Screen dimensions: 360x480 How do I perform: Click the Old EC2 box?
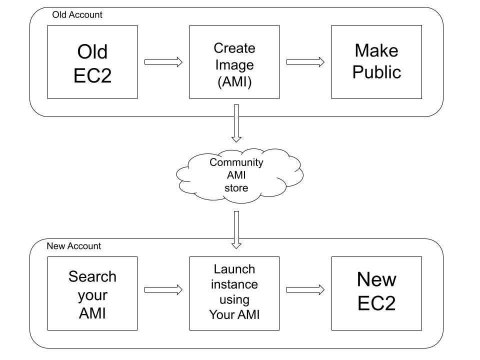(92, 62)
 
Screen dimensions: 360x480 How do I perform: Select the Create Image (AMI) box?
(234, 62)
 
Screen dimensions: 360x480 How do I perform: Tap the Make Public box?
(376, 62)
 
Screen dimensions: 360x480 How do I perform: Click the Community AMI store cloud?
(237, 175)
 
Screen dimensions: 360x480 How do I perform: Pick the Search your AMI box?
(92, 293)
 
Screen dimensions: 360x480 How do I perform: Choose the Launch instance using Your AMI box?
(234, 293)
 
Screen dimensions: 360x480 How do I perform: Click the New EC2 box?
(376, 293)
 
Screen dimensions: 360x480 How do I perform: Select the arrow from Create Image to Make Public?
(305, 62)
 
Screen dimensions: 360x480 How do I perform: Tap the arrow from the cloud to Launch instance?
(236, 229)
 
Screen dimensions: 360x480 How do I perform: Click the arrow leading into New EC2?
(305, 289)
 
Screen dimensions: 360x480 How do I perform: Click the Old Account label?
(77, 15)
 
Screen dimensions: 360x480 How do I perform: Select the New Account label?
(73, 246)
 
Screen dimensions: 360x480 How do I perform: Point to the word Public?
(376, 72)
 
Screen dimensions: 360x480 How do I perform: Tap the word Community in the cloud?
(236, 162)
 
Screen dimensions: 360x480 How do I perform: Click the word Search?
(92, 276)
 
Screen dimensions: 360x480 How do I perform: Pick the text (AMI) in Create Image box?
(234, 81)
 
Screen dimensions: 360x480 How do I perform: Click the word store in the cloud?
(236, 188)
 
